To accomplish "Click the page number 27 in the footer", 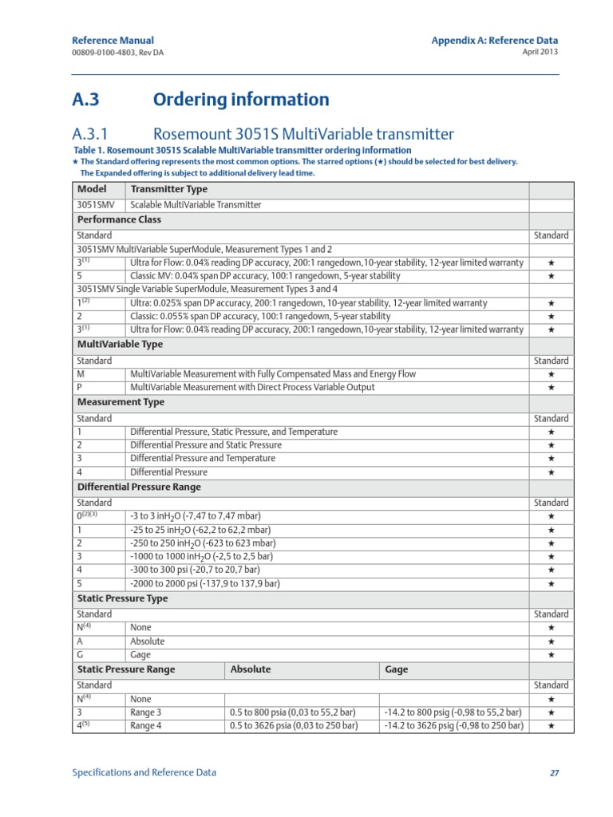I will tap(553, 773).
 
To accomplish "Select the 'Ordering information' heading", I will tap(240, 100).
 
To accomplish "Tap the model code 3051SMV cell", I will tap(94, 205).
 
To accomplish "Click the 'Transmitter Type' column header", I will tap(168, 190).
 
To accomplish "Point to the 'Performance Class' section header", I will tap(119, 219).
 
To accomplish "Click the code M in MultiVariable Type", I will tap(80, 374).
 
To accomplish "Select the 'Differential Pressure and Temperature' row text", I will tap(202, 459).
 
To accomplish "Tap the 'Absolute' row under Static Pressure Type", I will tap(147, 641).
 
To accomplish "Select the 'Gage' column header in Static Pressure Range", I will tap(396, 670).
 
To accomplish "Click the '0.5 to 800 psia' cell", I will tap(292, 712).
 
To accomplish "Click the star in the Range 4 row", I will tap(551, 726).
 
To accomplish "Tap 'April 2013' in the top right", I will tap(540, 52).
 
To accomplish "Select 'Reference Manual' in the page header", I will tap(113, 40).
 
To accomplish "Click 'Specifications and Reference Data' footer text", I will tap(144, 772).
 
